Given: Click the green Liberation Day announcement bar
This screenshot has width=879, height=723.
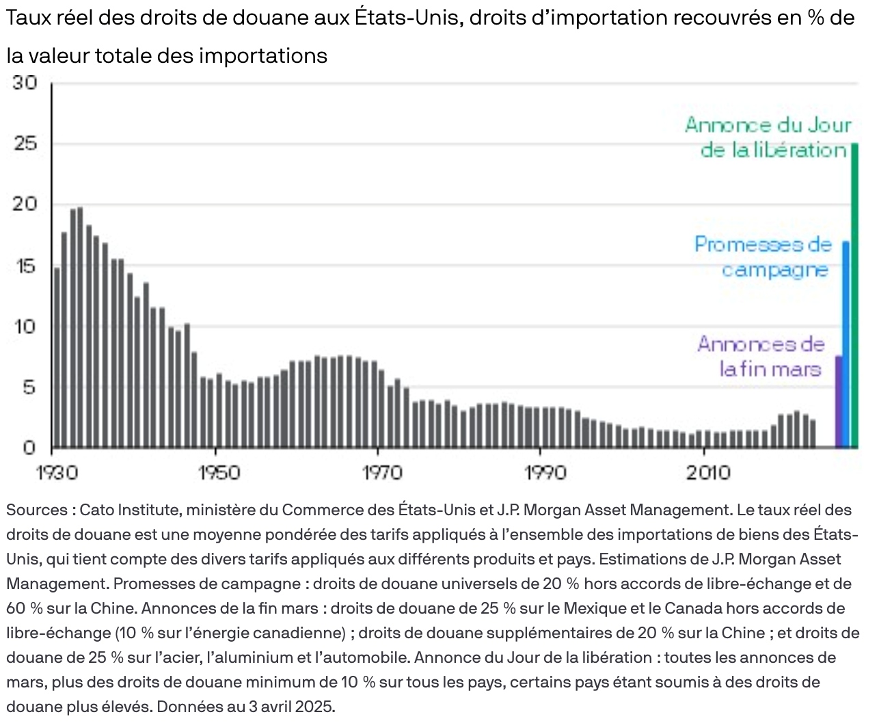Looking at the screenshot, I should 854,295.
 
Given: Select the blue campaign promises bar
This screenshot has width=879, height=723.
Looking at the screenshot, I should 846,344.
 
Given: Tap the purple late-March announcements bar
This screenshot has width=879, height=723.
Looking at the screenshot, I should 839,401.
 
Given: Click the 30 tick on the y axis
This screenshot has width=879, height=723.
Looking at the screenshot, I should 25,83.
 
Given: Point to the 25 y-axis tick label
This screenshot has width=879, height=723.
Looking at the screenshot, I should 25,144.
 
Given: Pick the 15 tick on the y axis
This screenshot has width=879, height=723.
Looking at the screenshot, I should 25,266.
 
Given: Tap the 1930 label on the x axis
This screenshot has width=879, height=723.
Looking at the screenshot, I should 57,473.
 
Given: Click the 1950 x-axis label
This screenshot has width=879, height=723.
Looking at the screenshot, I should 219,473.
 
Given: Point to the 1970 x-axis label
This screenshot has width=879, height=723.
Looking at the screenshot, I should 381,473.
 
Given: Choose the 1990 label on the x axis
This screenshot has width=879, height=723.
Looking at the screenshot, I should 545,473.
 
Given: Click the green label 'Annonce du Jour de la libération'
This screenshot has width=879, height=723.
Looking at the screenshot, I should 768,137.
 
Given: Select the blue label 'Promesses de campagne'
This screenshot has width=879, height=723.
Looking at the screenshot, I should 763,257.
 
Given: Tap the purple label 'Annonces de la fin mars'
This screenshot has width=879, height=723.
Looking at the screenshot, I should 761,356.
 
